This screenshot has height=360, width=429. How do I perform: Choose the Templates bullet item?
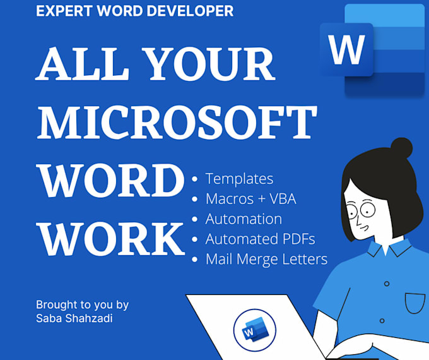pos(239,179)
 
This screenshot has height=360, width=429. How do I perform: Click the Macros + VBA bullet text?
pos(250,199)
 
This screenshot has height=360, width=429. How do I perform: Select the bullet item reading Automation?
pos(244,219)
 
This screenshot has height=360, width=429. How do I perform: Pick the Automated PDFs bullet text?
pos(260,239)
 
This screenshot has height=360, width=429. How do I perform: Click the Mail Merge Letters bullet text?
pos(266,259)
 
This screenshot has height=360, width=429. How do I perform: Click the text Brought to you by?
pos(83,304)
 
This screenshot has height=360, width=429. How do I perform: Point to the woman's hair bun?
pos(401,148)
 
